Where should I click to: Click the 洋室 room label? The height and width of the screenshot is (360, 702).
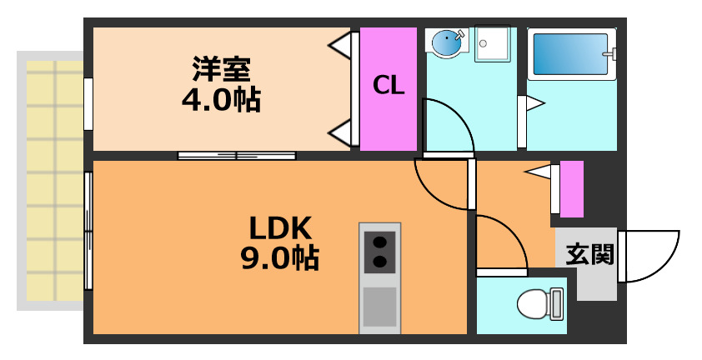221,67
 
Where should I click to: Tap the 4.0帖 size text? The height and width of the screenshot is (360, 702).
221,99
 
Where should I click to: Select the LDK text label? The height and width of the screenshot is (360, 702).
280,227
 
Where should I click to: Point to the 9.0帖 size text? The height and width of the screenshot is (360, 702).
280,259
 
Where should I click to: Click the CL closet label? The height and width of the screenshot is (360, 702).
389,86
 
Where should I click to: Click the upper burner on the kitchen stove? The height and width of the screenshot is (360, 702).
380,243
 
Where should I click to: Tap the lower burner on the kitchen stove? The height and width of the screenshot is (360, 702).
380,262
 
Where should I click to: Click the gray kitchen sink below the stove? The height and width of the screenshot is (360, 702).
380,307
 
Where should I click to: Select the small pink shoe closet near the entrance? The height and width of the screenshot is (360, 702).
571,189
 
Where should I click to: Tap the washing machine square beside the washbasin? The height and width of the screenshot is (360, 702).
492,44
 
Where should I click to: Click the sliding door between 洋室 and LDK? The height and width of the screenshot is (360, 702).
237,155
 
